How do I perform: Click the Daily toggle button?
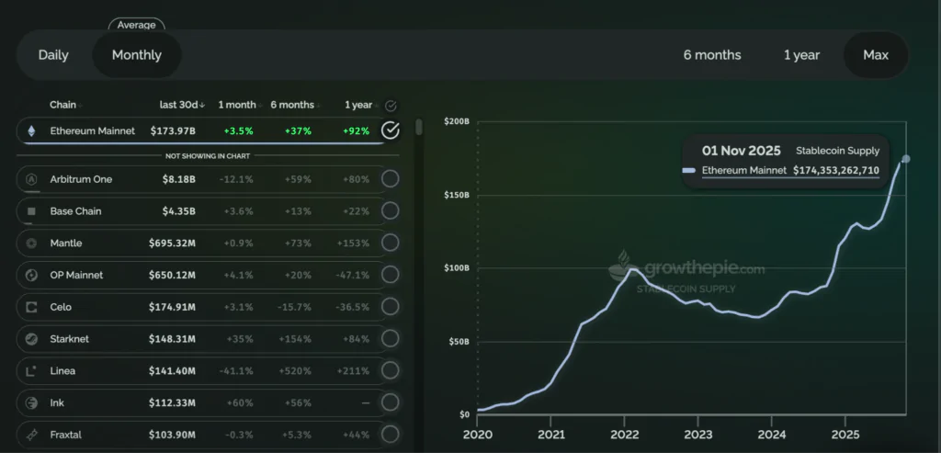[x=53, y=55]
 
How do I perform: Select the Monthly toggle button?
[x=137, y=55]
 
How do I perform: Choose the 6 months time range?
[x=712, y=55]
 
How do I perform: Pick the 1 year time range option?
[x=801, y=55]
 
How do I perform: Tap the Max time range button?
[x=876, y=55]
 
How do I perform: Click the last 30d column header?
[x=181, y=105]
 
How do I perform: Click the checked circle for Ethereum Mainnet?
[x=391, y=130]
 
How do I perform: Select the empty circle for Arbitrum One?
[x=391, y=179]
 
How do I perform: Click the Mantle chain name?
[x=66, y=243]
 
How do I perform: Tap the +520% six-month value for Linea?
[x=295, y=371]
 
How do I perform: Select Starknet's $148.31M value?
[x=172, y=339]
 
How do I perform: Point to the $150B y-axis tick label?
[x=457, y=195]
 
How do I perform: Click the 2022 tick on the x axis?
[x=624, y=435]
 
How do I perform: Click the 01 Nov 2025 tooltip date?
[x=741, y=151]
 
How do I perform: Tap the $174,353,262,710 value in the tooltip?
[x=836, y=171]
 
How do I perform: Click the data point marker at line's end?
[x=906, y=159]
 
